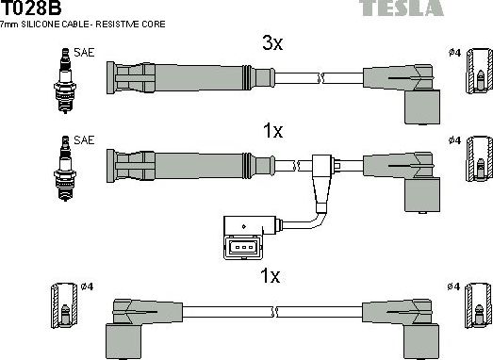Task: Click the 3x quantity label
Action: (x=271, y=42)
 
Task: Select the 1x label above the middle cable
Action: (x=271, y=132)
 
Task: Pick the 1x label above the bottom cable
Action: (x=271, y=277)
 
